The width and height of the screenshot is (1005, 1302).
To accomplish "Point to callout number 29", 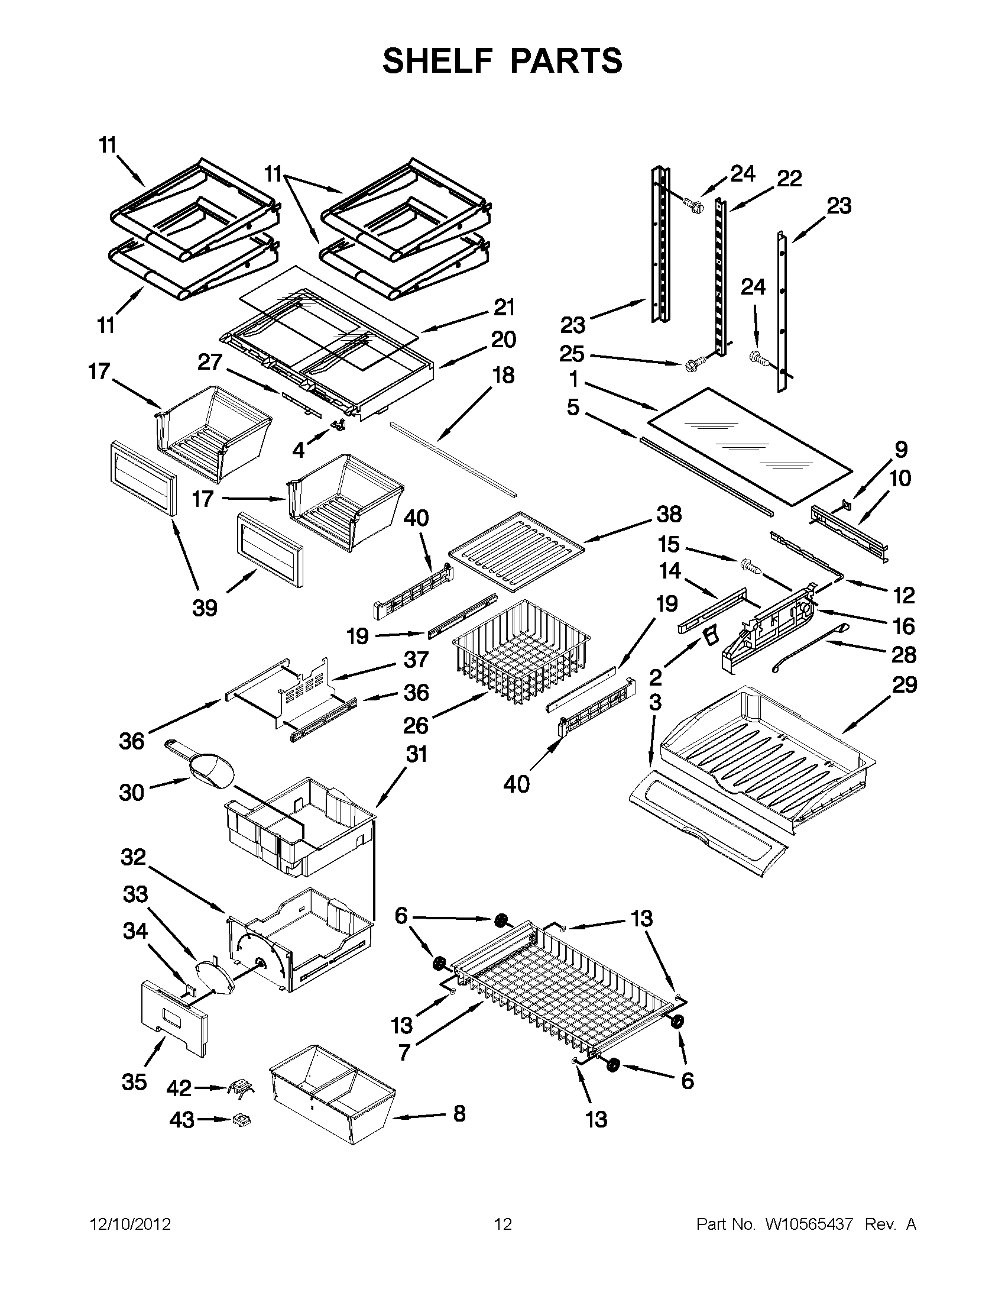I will coord(904,685).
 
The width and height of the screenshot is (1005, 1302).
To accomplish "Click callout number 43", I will coord(181,1120).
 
